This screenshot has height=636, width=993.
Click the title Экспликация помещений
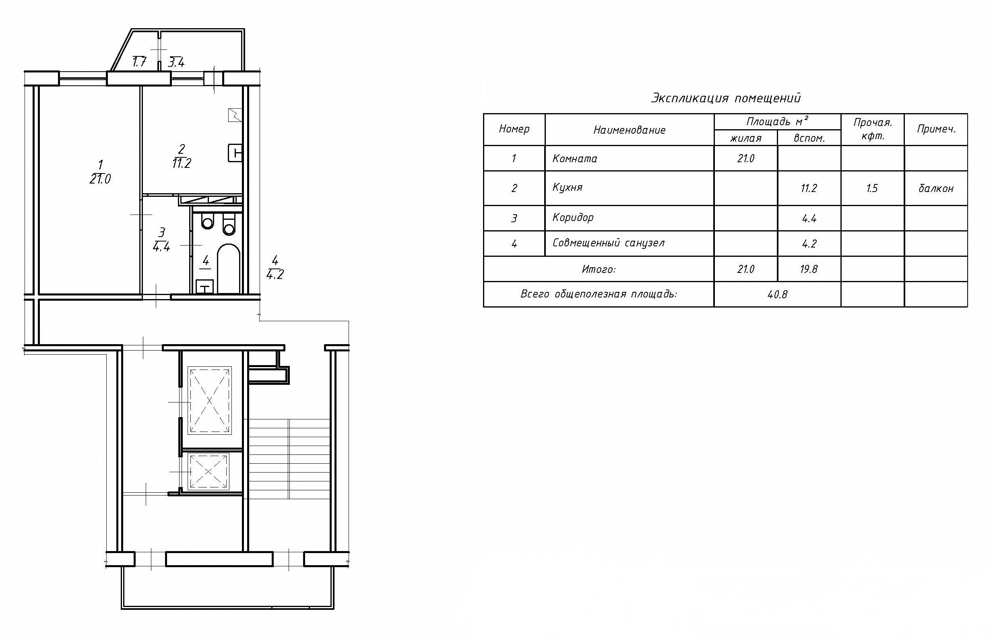point(726,98)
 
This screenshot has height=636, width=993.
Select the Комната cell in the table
point(575,159)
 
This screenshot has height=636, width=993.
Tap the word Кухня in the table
point(567,188)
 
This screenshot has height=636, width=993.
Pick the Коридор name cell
point(573,218)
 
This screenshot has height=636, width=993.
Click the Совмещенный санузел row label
point(608,243)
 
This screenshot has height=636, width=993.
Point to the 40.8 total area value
point(777,295)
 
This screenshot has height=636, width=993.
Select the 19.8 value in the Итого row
point(808,269)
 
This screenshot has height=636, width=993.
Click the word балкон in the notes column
point(935,188)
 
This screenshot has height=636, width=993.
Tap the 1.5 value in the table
point(871,188)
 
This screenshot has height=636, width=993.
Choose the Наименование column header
point(629,130)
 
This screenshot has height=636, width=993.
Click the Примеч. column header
point(936,129)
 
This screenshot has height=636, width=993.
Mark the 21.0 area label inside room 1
point(100,179)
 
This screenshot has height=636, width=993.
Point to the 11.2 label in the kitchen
point(181,163)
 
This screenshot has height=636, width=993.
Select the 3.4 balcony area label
point(176,63)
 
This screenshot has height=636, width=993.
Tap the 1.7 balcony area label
point(139,62)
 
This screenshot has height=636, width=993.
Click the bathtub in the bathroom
point(228,268)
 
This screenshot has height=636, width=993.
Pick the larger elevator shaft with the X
point(210,400)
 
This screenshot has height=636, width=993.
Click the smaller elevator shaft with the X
point(209,472)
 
